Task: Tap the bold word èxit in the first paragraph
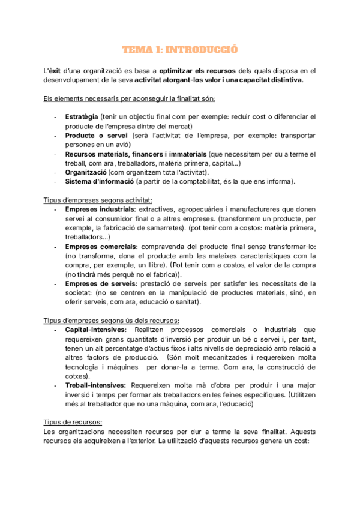(x=56, y=70)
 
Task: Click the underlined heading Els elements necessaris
(x=129, y=98)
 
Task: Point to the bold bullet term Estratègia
(x=82, y=116)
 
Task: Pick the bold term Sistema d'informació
(x=99, y=182)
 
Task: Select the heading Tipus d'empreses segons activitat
(x=98, y=200)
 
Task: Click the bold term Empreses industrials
(x=100, y=209)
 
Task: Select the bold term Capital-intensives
(x=95, y=330)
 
